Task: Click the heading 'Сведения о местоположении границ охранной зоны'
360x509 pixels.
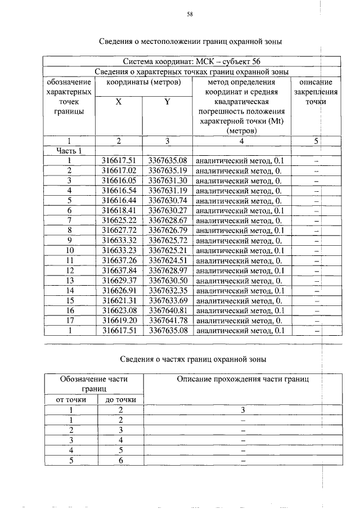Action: point(191,41)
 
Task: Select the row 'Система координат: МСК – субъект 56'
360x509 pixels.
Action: point(192,61)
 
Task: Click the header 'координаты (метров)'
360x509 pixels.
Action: point(143,82)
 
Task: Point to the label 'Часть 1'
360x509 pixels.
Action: point(69,151)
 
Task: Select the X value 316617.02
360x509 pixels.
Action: point(119,170)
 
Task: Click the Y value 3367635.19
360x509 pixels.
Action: point(167,170)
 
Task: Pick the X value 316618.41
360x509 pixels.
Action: point(119,210)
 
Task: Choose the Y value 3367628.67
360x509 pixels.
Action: point(167,220)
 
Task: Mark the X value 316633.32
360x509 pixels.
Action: point(119,240)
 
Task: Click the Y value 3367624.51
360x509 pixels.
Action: point(167,260)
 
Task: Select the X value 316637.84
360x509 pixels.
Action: point(119,270)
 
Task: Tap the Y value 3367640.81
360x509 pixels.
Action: point(167,310)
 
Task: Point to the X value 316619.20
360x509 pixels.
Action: point(119,320)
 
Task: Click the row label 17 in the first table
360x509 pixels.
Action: point(69,320)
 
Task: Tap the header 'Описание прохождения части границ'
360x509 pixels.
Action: point(243,380)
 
